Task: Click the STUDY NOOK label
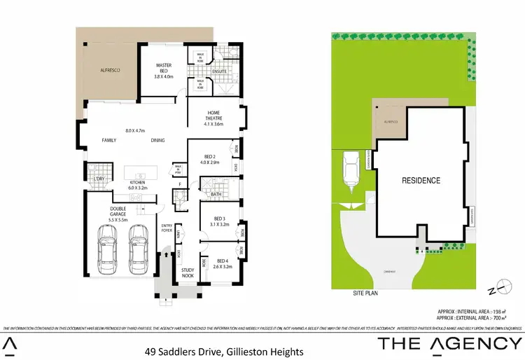pos(188,272)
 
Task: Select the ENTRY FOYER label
pos(167,227)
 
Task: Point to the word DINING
pos(157,141)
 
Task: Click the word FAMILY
pos(109,141)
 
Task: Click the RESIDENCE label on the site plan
pos(421,181)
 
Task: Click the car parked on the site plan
pos(349,172)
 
